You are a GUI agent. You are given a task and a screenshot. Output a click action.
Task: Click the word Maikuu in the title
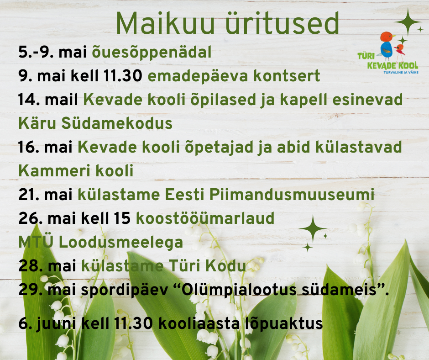click(165, 24)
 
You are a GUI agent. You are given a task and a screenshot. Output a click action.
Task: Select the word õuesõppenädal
click(152, 53)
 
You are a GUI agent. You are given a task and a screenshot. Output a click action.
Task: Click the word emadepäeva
click(198, 76)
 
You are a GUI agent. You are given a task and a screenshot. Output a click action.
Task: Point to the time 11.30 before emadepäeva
click(123, 76)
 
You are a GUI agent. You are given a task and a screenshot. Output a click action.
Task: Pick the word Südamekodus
click(117, 123)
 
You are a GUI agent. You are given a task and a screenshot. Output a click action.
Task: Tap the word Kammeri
click(54, 171)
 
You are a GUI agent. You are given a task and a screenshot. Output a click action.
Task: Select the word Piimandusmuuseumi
click(292, 195)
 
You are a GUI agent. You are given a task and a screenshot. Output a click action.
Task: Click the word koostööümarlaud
click(205, 218)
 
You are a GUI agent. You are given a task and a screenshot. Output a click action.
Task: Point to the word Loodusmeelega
click(121, 243)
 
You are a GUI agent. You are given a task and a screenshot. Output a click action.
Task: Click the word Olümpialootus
click(239, 290)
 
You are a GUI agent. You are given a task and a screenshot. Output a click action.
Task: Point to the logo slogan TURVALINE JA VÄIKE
click(401, 73)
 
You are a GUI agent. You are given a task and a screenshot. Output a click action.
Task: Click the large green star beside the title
click(408, 22)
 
